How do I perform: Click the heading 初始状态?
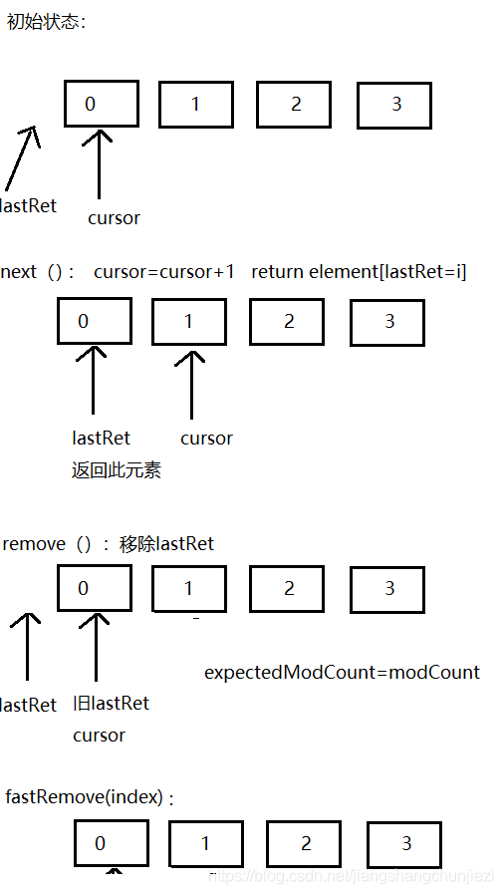pos(46,21)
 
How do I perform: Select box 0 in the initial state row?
pos(102,104)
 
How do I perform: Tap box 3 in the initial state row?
pos(394,105)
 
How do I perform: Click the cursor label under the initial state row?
pos(114,217)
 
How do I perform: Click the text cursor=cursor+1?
pos(164,272)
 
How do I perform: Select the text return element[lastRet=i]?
pos(359,272)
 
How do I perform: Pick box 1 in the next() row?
pos(189,323)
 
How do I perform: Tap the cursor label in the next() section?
pos(206,438)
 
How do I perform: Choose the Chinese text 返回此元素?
pos(117,470)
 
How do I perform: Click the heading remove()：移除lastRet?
pos(109,544)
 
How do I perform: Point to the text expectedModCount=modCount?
pos(342,672)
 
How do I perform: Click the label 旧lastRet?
pos(111,703)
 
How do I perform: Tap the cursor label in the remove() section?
pos(99,735)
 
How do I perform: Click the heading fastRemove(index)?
pos(89,797)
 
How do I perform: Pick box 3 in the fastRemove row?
pos(404,844)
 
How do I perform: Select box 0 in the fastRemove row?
pos(112,843)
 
